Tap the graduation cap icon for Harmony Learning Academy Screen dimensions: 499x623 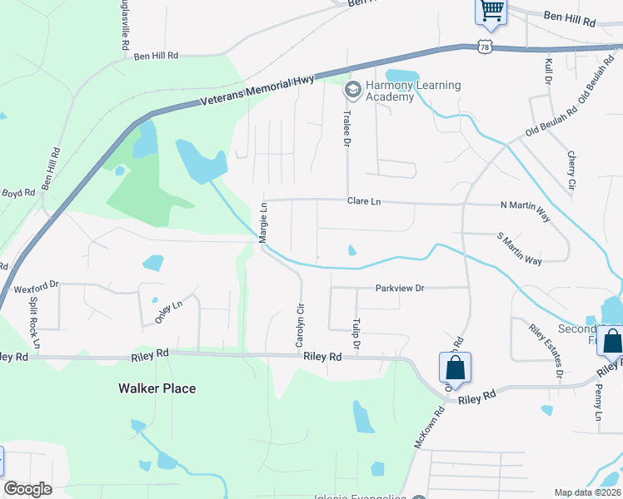click(x=352, y=87)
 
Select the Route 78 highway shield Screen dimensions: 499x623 click(x=486, y=46)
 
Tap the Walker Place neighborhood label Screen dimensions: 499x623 click(x=157, y=388)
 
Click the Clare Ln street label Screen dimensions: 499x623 click(x=364, y=201)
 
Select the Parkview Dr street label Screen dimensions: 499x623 click(x=400, y=288)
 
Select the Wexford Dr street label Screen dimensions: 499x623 click(x=36, y=287)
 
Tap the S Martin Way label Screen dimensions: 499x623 click(x=519, y=249)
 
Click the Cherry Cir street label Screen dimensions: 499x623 click(x=571, y=170)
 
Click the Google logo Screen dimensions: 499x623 click(x=27, y=489)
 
